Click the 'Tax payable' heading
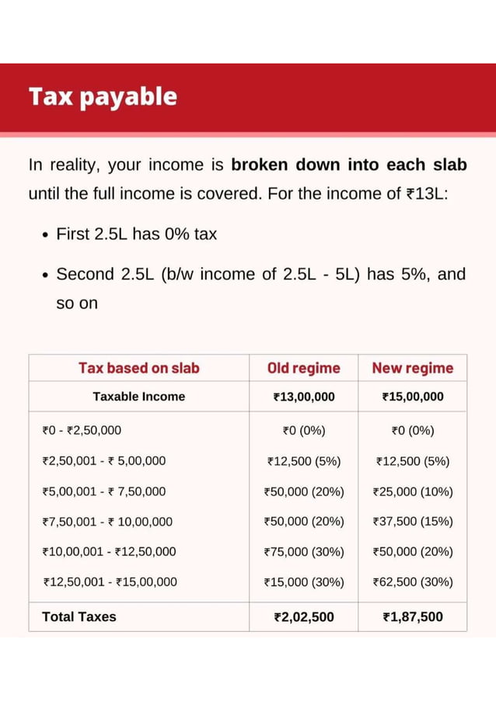point(103,97)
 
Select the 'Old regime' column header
point(303,368)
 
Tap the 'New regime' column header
point(412,368)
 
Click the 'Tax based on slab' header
point(138,368)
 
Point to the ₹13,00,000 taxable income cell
point(304,397)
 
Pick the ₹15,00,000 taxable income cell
point(413,397)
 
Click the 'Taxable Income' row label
point(138,397)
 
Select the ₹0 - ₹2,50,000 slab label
point(82,430)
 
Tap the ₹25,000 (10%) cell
point(413,491)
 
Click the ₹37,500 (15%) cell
point(413,522)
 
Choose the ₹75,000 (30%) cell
point(304,552)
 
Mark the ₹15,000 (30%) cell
point(304,582)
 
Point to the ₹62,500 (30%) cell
point(413,582)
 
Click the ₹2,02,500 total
point(304,617)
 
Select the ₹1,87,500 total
point(413,617)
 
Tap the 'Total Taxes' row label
point(79,617)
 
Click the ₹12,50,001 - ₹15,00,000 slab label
point(110,582)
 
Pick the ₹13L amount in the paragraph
point(428,193)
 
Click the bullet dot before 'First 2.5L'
point(47,234)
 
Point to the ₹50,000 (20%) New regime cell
point(413,552)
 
